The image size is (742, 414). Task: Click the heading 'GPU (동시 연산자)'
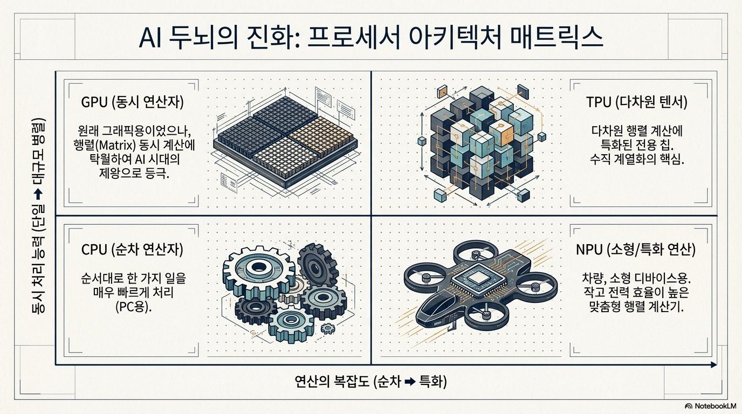[132, 102]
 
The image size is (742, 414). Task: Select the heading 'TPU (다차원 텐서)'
[637, 102]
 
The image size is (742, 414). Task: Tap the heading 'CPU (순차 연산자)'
[132, 250]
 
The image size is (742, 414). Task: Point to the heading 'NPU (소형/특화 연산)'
[636, 250]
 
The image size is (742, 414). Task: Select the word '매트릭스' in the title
[556, 37]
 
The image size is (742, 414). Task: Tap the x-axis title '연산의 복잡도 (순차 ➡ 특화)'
[370, 382]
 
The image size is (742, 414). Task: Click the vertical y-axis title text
[39, 216]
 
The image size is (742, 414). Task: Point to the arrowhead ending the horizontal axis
[714, 364]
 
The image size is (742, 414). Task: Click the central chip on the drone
[479, 278]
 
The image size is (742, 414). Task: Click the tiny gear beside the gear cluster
[328, 328]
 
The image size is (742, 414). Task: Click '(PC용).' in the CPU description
[134, 307]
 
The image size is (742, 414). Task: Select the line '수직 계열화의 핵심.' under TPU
[637, 160]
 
